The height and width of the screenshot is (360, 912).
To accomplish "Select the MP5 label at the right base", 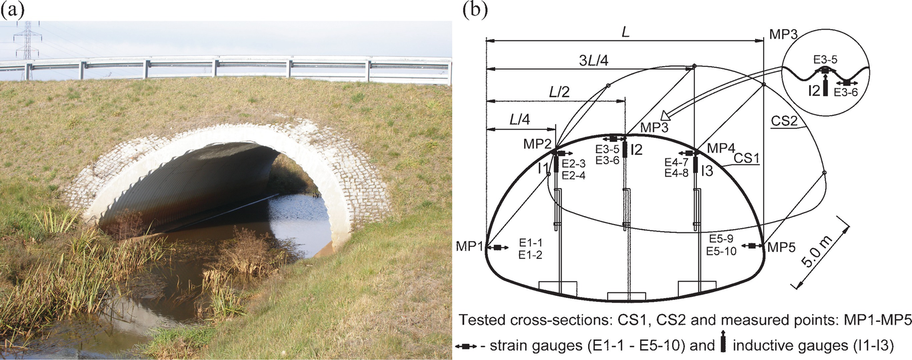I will pyautogui.click(x=781, y=247).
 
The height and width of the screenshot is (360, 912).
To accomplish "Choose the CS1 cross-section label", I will pyautogui.click(x=749, y=159).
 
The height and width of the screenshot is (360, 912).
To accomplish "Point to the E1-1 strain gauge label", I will pyautogui.click(x=531, y=245).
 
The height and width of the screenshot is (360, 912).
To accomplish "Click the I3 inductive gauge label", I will pyautogui.click(x=707, y=171).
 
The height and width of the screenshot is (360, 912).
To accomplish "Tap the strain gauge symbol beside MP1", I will pyautogui.click(x=498, y=248).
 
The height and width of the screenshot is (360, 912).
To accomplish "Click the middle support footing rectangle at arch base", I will pyautogui.click(x=625, y=296).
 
